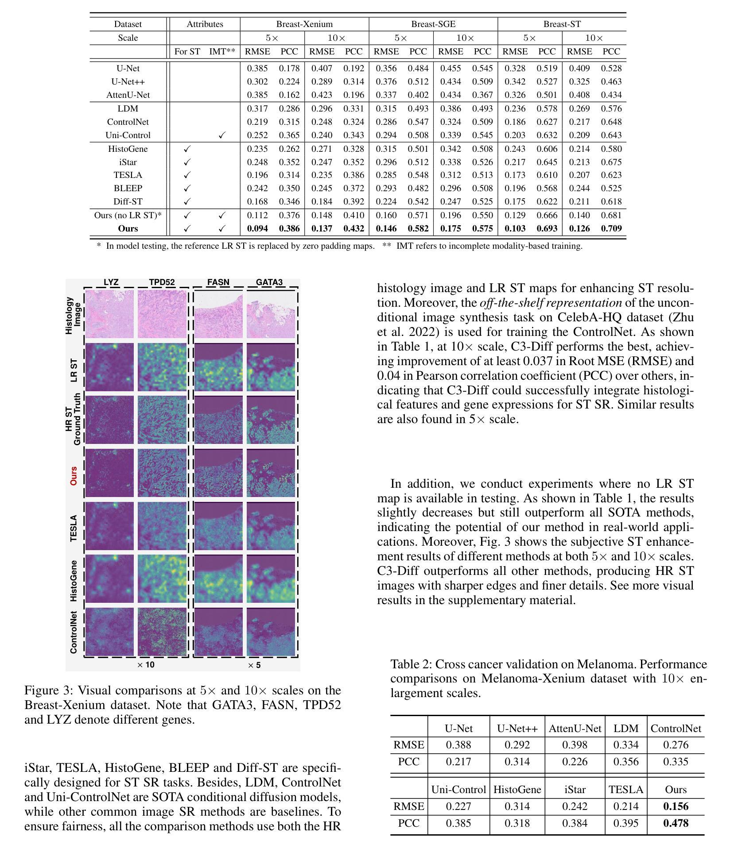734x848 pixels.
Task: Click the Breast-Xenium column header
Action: [x=304, y=24]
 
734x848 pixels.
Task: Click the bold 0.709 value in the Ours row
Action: [x=611, y=229]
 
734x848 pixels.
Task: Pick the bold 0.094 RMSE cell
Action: [x=257, y=229]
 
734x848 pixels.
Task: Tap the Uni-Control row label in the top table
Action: [x=128, y=135]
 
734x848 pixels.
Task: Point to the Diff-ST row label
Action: [x=128, y=202]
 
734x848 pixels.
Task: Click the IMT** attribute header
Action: [x=222, y=51]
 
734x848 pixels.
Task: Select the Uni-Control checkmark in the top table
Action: [x=222, y=135]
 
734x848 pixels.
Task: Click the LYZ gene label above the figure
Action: [x=111, y=282]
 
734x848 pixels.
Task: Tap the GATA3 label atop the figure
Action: [x=269, y=282]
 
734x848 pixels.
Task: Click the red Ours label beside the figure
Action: [x=74, y=475]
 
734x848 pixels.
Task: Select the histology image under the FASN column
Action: [x=218, y=314]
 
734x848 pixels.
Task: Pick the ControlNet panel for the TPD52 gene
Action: [x=162, y=632]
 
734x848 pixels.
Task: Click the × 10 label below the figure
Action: [x=146, y=665]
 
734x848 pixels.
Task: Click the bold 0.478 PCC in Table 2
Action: [x=676, y=823]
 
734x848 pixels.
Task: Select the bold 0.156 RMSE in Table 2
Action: [x=676, y=806]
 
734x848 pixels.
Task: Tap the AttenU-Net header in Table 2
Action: [x=575, y=729]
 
